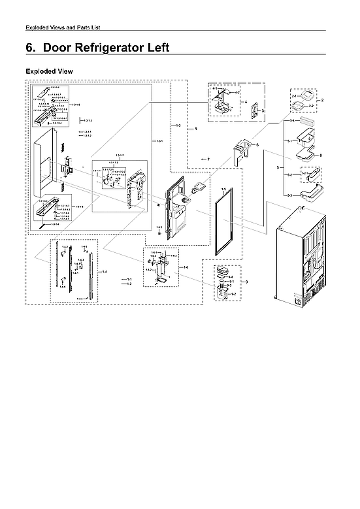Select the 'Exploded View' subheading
point(49,71)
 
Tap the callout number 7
point(208,159)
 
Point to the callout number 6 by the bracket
point(257,144)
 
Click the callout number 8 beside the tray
point(321,156)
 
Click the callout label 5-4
point(292,122)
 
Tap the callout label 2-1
point(294,95)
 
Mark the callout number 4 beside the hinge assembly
point(245,102)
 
